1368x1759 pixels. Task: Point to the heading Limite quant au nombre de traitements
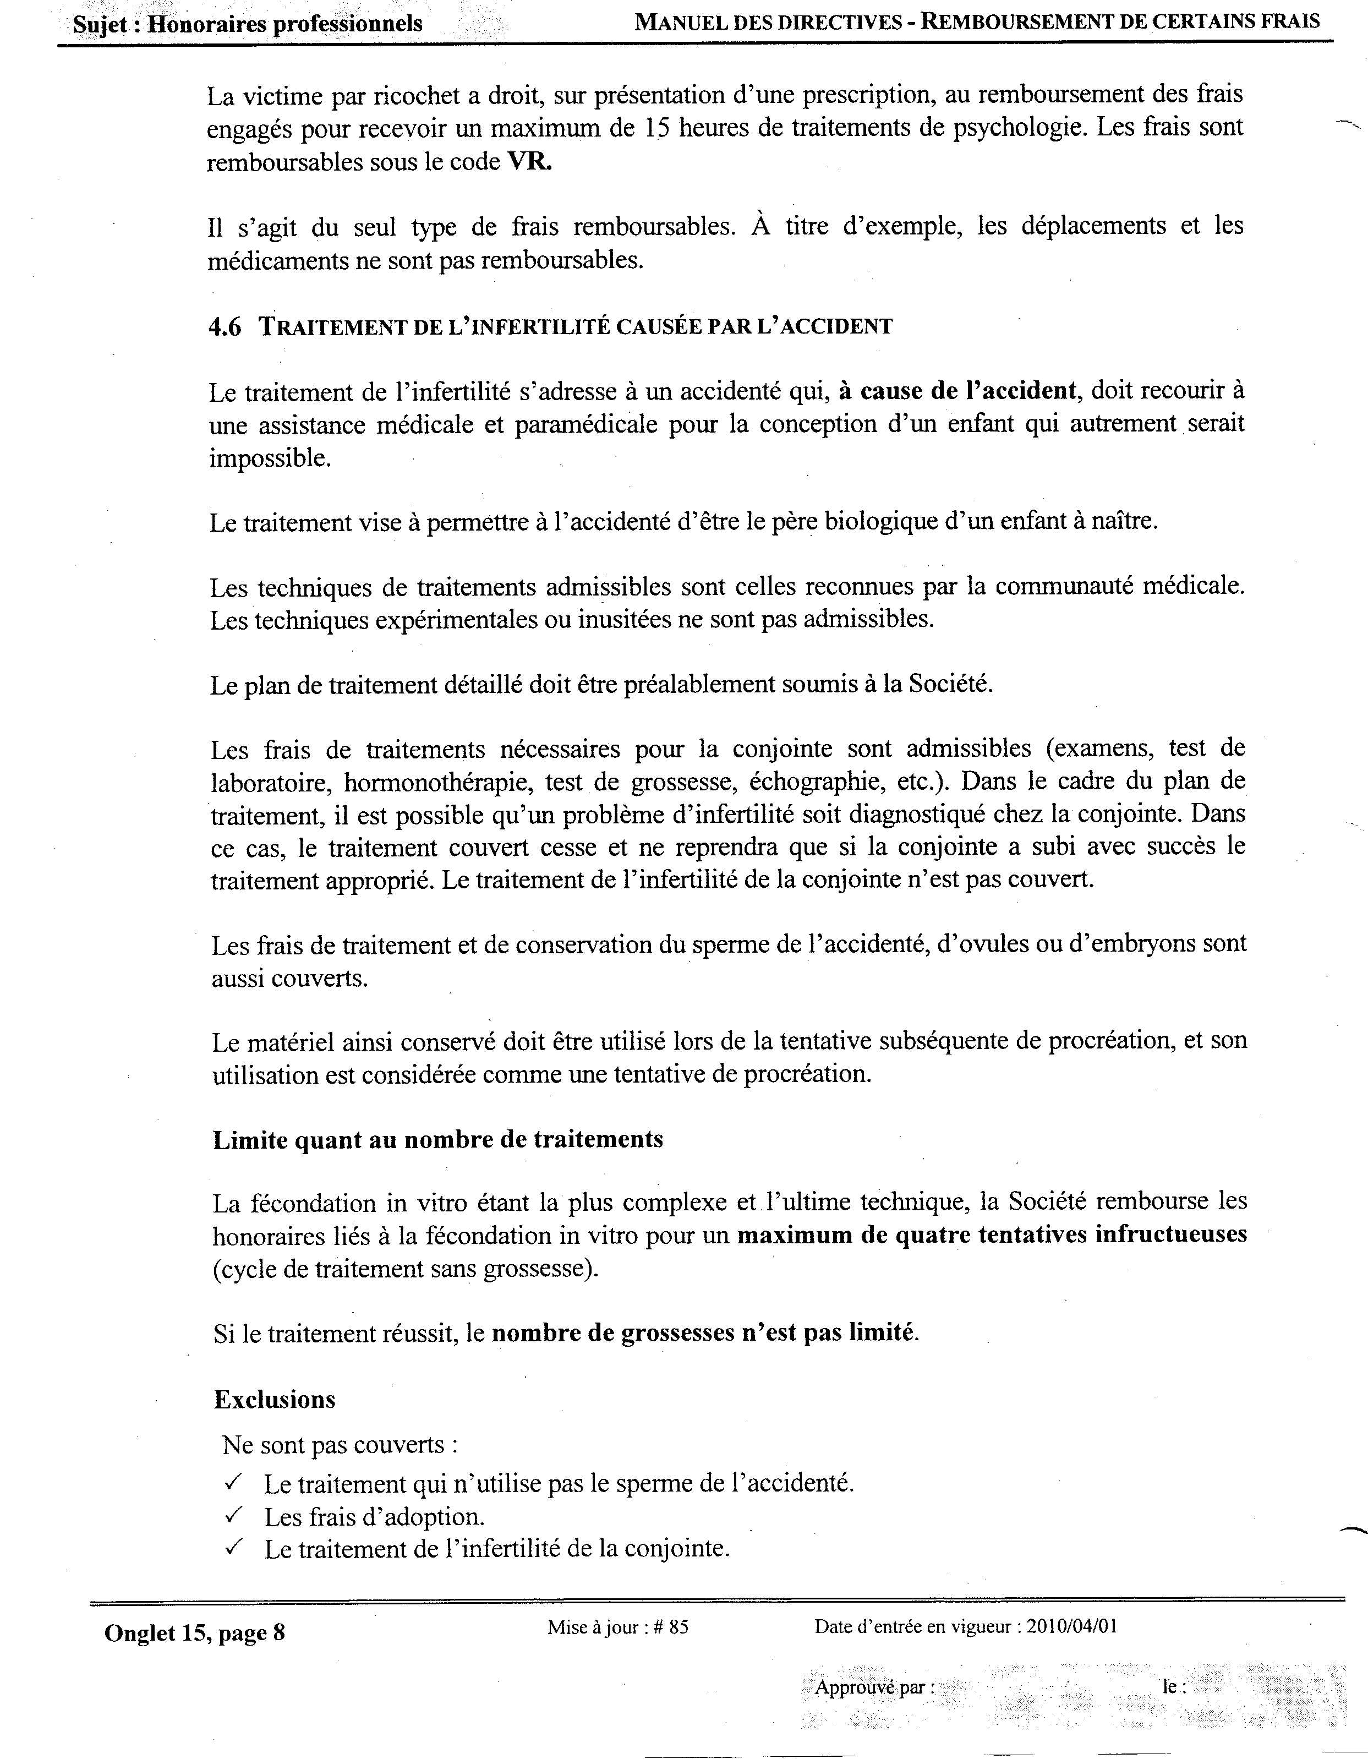point(438,1140)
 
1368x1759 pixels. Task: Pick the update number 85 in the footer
point(678,1627)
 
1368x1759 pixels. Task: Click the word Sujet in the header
point(101,24)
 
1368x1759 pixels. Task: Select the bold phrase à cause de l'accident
point(957,391)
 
